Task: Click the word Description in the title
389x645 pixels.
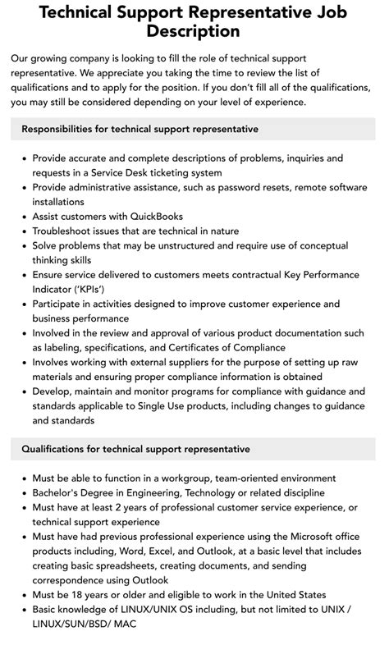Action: [x=194, y=31]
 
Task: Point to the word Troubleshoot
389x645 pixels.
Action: [x=68, y=231]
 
